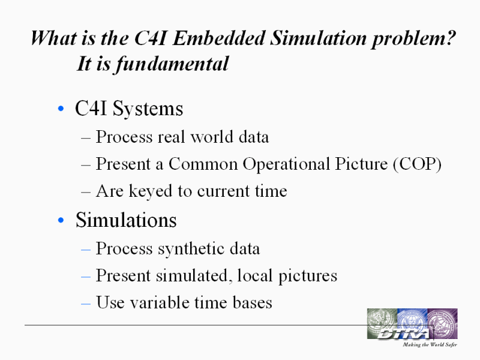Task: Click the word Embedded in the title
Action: [219, 38]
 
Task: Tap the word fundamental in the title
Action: [172, 64]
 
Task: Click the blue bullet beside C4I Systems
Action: [61, 109]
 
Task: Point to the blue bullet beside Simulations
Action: [61, 220]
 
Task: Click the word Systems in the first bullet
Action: [148, 109]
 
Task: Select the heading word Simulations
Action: [126, 220]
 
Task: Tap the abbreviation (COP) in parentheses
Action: [417, 164]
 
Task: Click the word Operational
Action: [286, 164]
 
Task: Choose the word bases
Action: [252, 302]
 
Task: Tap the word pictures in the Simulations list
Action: [308, 276]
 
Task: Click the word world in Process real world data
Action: [212, 137]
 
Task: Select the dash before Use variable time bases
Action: [86, 304]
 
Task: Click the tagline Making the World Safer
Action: [430, 344]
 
